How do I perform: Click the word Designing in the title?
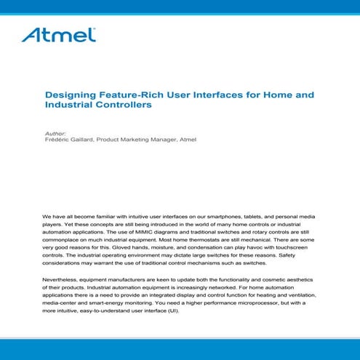[69, 95]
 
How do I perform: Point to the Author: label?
[55, 133]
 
